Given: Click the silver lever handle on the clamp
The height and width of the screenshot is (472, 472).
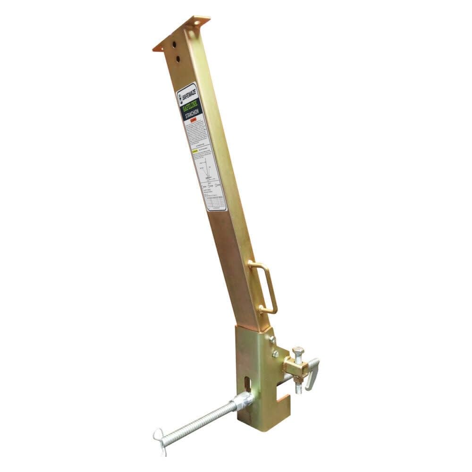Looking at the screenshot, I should pos(312,373).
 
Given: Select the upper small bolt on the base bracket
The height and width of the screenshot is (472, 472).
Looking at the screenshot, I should pos(272,339).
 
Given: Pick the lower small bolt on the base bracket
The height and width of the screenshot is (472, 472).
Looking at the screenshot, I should pos(276,354).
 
